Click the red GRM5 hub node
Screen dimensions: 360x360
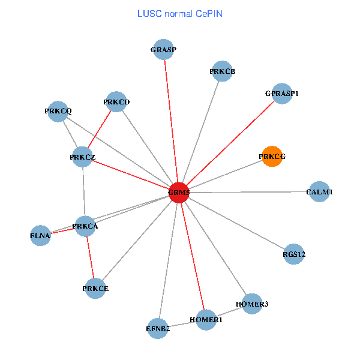coord(179,193)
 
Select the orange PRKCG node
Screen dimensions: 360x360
coord(272,157)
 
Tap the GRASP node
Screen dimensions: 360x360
coord(163,50)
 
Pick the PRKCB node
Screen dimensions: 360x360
coord(222,71)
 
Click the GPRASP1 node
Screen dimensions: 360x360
coord(281,94)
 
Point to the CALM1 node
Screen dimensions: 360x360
coord(319,192)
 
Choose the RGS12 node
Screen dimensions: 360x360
coord(294,254)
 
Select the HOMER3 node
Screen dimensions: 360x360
coord(253,304)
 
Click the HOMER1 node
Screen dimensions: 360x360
coord(206,320)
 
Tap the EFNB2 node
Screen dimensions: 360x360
coord(158,329)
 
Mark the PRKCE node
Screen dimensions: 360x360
coord(95,289)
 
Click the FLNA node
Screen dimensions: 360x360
coord(40,236)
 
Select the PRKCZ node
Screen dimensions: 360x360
coord(83,157)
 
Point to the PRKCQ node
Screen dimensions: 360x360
coord(58,111)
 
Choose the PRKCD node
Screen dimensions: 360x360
coord(116,102)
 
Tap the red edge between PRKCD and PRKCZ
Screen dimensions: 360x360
coord(100,130)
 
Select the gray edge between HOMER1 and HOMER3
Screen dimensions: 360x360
coord(229,312)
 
